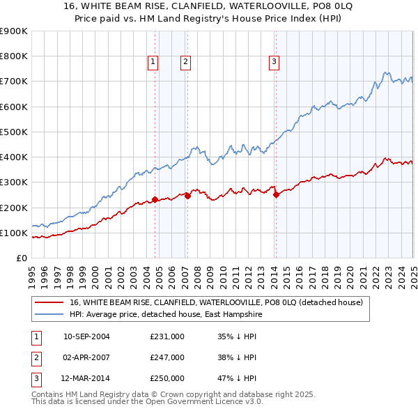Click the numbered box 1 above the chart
tap(153, 62)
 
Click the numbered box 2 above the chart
tap(186, 62)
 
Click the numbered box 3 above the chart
tap(274, 62)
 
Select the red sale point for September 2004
tap(155, 199)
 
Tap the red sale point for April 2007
tap(187, 196)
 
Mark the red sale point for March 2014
tap(276, 194)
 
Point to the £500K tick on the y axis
tap(14, 132)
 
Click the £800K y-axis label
tap(14, 56)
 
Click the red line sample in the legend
tap(49, 303)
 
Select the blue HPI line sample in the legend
tap(49, 315)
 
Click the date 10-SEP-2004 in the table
tap(86, 336)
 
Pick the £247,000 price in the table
tap(167, 358)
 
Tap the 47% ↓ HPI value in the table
tap(237, 380)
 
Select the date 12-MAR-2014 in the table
tap(86, 380)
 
